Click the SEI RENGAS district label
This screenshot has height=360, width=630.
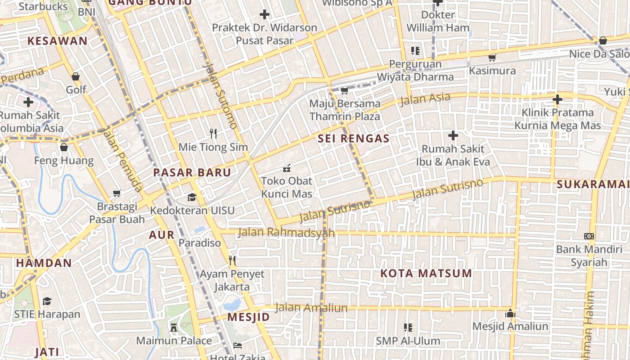[353, 139]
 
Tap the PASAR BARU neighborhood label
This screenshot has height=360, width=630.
[192, 172]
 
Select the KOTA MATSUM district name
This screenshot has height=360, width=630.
[426, 273]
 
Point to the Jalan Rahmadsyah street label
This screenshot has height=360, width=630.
[286, 232]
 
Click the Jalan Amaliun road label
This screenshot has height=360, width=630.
[311, 308]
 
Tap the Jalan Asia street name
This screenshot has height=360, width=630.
[425, 98]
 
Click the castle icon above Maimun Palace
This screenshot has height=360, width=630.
[174, 328]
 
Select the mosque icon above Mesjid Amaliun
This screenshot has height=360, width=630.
[510, 313]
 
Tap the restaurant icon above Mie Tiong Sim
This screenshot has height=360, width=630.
[213, 133]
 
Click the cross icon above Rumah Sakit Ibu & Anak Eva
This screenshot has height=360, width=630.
[453, 135]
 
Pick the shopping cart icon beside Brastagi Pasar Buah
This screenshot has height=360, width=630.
[117, 193]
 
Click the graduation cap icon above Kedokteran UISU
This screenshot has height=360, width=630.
[192, 197]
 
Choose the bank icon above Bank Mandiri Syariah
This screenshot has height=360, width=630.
[589, 236]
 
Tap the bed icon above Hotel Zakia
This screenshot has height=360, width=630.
[238, 346]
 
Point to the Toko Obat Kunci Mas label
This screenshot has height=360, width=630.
[287, 187]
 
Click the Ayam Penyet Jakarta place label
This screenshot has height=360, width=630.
[232, 280]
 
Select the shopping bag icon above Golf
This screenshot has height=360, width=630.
[76, 76]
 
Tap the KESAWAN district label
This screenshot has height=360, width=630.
[58, 41]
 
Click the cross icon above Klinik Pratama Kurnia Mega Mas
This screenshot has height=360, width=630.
[558, 99]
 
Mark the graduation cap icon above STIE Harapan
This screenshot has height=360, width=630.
[47, 301]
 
